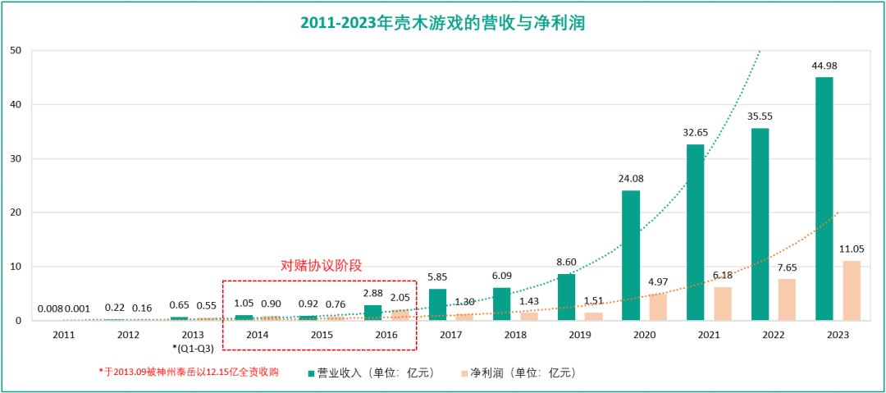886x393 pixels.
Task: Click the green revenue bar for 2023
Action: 824,199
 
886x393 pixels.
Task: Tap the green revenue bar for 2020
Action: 631,255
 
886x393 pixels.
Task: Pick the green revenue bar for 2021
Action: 695,232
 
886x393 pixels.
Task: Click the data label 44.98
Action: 824,66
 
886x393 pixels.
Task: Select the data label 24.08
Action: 631,179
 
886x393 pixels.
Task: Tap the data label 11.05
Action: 852,249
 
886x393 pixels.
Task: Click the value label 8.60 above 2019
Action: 567,263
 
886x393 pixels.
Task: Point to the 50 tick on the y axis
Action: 15,50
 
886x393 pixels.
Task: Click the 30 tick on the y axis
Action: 15,158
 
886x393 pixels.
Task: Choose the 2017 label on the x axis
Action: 450,335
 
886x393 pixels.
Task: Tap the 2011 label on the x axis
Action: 63,335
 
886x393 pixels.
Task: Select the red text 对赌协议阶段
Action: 321,266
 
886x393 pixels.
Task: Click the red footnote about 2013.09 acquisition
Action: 189,372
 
